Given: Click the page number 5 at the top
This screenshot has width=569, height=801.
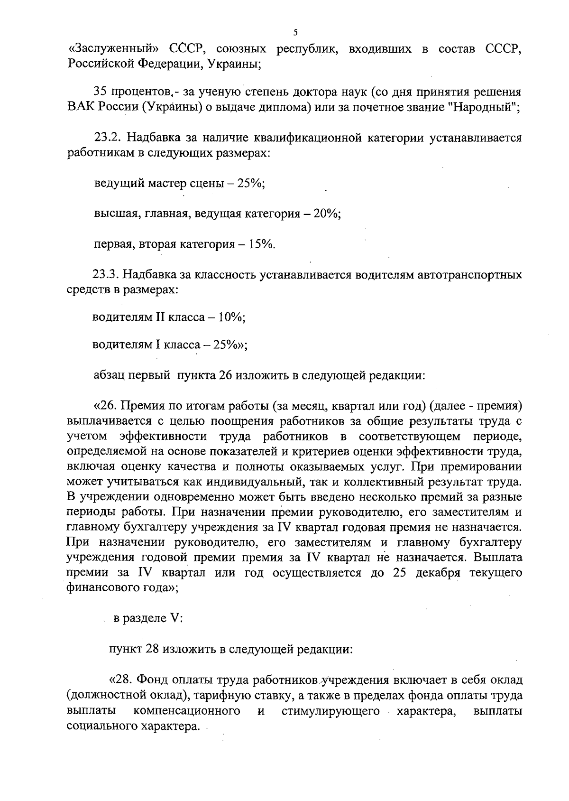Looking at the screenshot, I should tap(295, 33).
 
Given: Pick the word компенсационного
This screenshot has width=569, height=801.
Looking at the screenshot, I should tap(186, 711).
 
